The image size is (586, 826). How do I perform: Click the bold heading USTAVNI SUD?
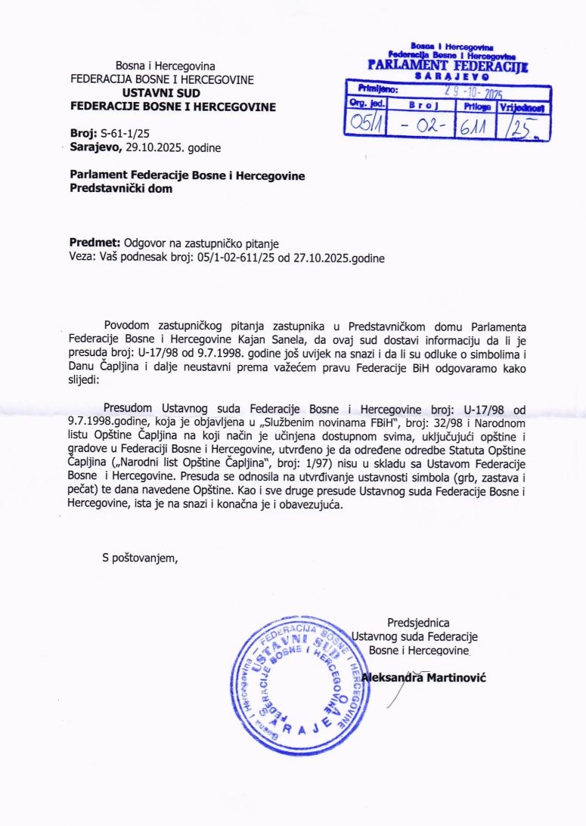coord(162,92)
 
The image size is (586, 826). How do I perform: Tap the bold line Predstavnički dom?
coord(121,189)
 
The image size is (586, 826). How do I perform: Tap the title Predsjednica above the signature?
coord(418,623)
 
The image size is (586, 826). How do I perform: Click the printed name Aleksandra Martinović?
coord(423,677)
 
